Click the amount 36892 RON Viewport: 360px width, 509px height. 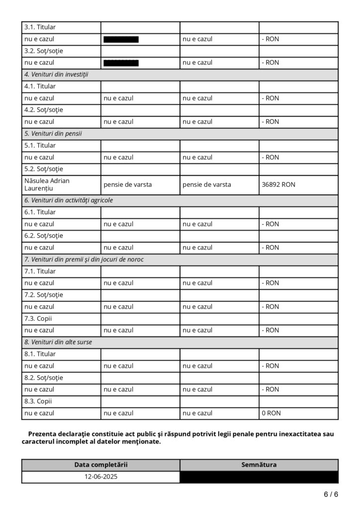tap(278, 184)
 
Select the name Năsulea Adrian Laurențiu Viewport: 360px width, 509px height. tap(46, 184)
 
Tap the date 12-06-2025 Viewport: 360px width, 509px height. tap(101, 476)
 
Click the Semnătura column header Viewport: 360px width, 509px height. tap(259, 465)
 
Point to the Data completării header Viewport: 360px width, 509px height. tap(101, 465)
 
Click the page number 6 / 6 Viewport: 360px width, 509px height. tap(331, 494)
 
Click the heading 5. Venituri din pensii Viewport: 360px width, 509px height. tap(53, 134)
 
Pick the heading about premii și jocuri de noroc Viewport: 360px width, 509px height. tap(84, 259)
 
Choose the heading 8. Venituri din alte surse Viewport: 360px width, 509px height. tap(58, 342)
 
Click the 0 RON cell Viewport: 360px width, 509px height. tap(271, 413)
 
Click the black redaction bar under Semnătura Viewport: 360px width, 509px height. tap(259, 477)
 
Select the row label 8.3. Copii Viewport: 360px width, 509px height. tap(38, 401)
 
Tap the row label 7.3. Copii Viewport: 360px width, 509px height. tap(38, 318)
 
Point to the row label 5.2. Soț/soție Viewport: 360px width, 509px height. tap(44, 169)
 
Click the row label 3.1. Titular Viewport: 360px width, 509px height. tap(40, 27)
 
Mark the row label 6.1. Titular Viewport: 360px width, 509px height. tap(40, 212)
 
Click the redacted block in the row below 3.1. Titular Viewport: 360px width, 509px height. tap(121, 39)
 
